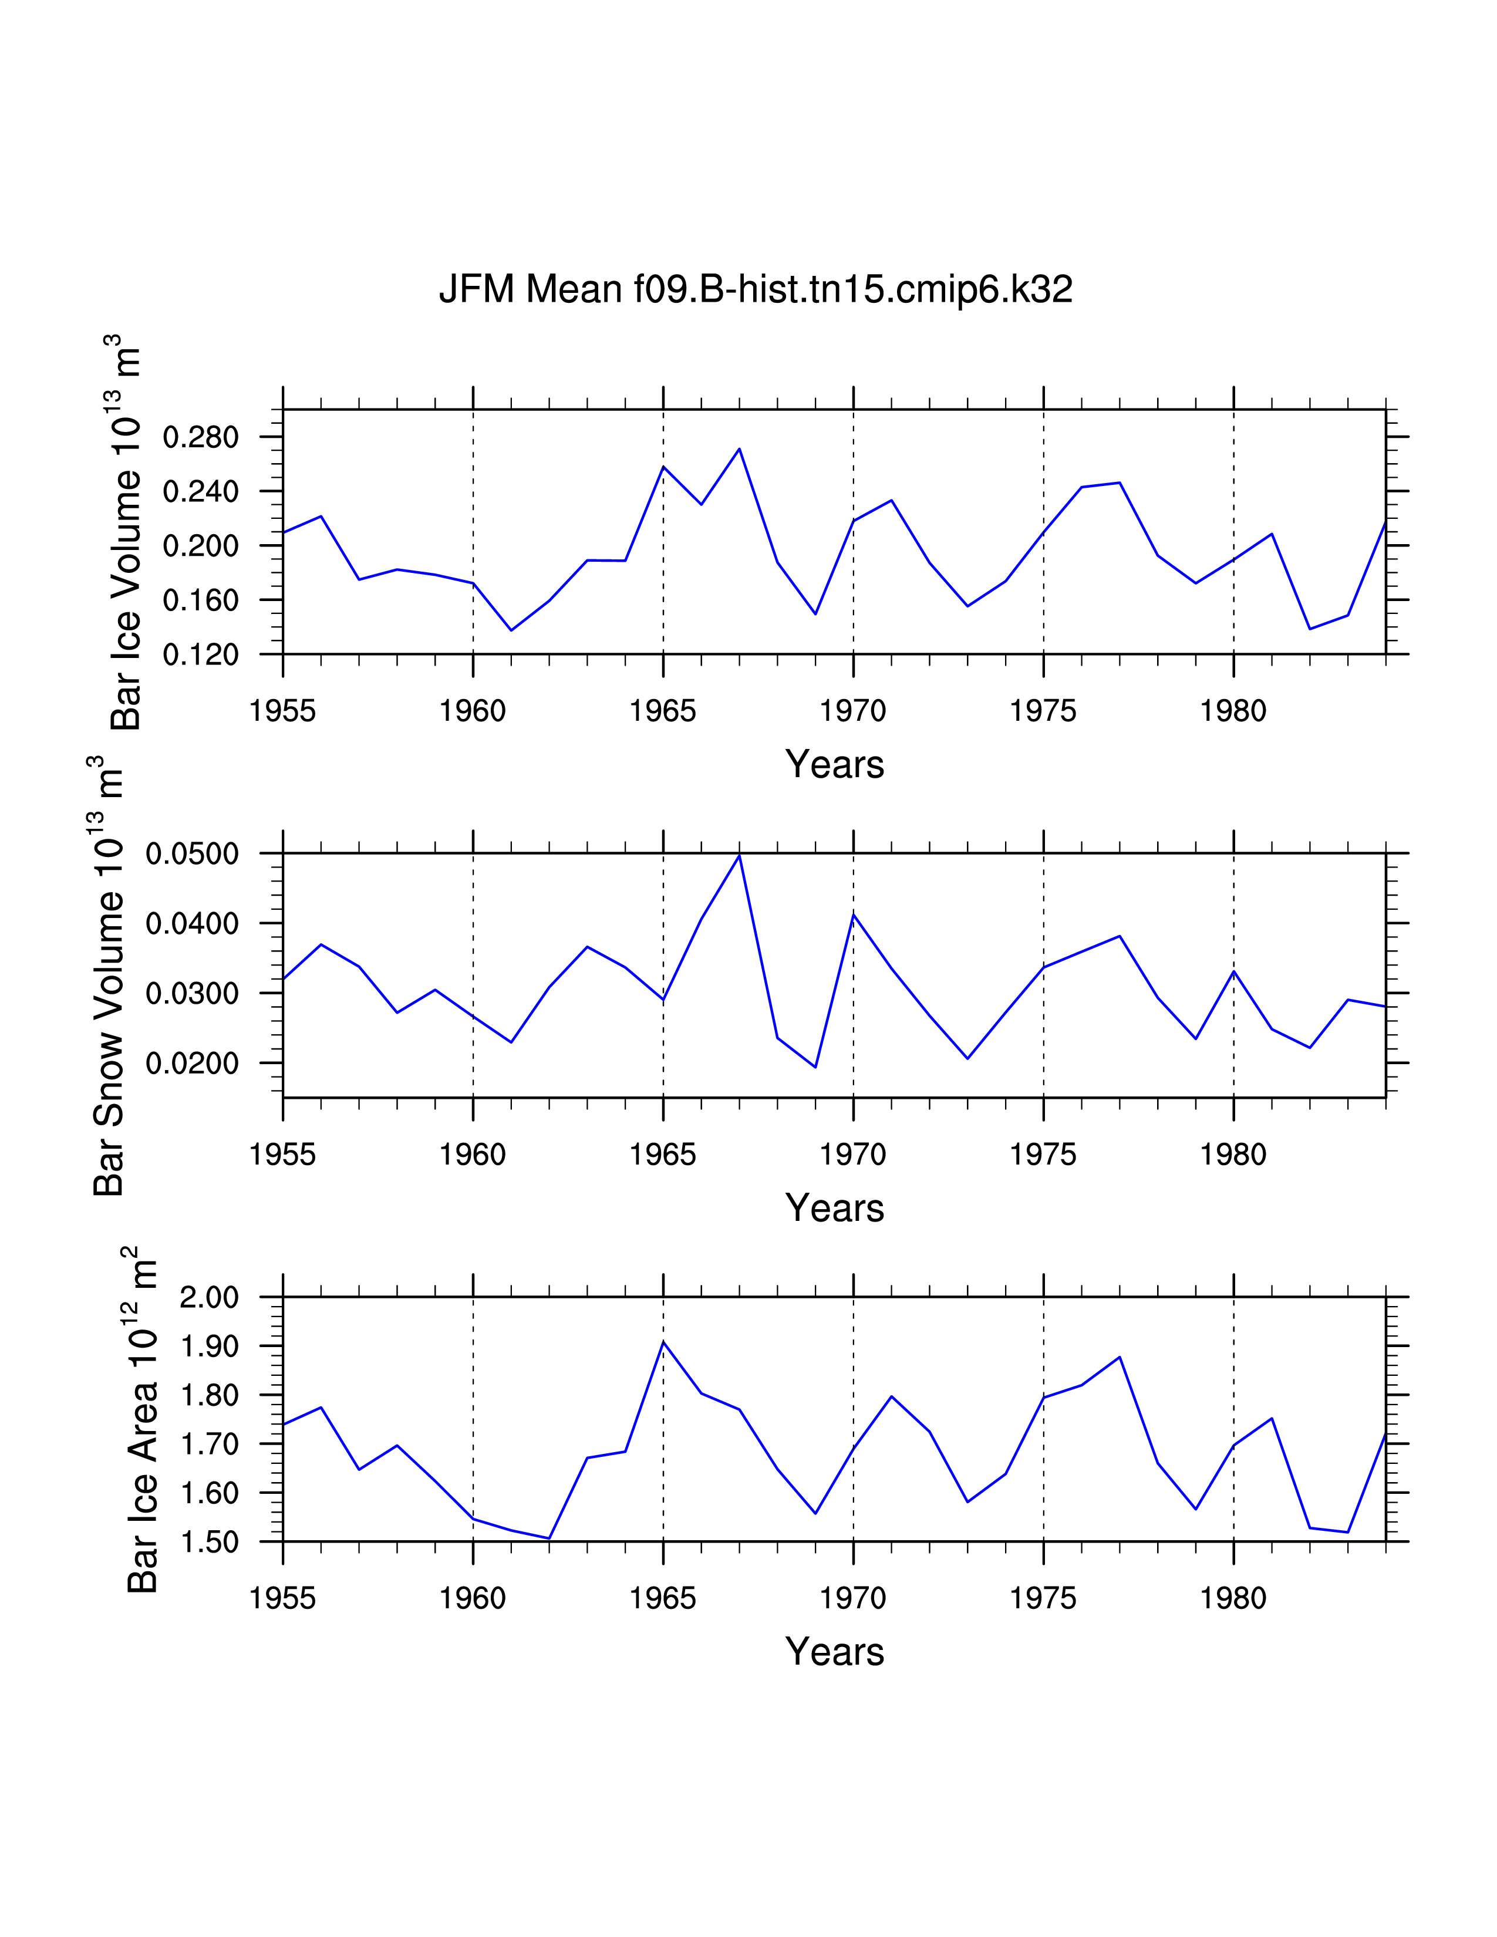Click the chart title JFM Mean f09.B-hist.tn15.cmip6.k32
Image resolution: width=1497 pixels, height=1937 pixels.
(756, 290)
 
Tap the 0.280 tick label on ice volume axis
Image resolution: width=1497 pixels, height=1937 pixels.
(200, 437)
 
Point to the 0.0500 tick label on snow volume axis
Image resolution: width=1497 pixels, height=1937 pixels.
(191, 854)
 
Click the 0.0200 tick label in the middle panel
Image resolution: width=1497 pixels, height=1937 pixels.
(191, 1064)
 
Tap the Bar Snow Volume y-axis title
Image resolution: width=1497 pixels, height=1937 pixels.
(107, 976)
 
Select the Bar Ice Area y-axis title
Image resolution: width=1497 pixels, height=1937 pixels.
(142, 1419)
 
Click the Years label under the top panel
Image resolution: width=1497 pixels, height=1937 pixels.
(835, 764)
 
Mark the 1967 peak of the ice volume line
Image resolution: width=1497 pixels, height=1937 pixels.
(740, 449)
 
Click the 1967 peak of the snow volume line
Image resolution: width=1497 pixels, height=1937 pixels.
(740, 855)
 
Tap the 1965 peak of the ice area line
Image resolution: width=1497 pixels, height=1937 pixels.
(663, 1342)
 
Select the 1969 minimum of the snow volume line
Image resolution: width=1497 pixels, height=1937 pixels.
(816, 1067)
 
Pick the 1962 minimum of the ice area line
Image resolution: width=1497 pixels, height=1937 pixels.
(550, 1539)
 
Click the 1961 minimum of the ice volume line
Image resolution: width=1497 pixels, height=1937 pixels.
(511, 630)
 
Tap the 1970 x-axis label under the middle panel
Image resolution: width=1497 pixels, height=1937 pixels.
(853, 1155)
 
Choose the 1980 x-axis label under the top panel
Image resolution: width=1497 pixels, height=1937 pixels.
(1233, 711)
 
